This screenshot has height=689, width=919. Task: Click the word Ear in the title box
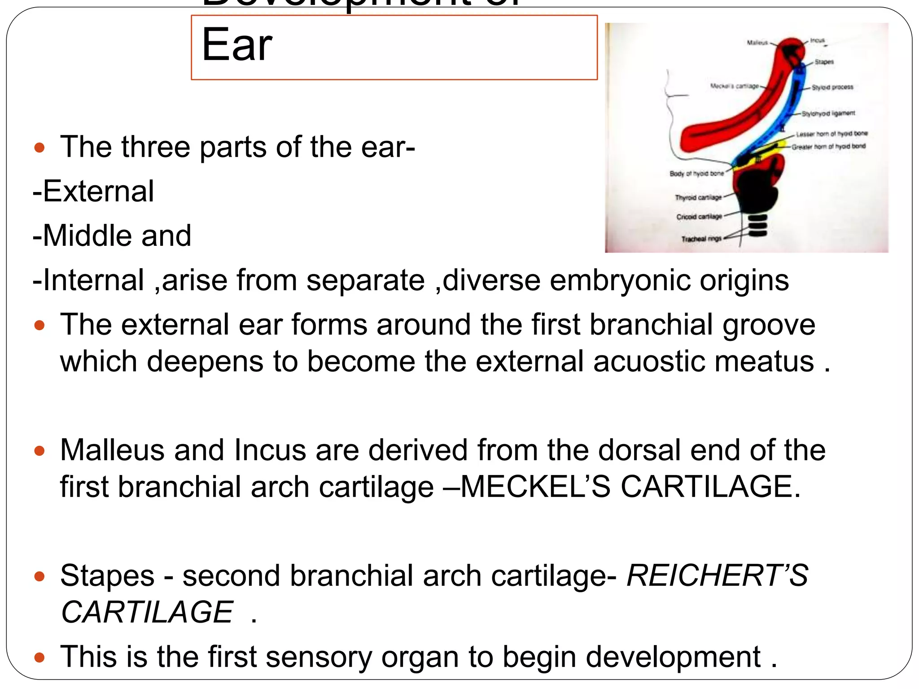click(236, 45)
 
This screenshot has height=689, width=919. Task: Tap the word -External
click(93, 192)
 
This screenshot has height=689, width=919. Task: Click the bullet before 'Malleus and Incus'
click(39, 451)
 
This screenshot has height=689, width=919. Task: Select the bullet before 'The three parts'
click(39, 148)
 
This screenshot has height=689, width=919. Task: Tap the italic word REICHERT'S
click(717, 576)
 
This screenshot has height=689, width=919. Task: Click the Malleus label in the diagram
click(757, 43)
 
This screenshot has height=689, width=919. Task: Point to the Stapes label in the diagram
click(824, 62)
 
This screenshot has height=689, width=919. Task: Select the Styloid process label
click(832, 87)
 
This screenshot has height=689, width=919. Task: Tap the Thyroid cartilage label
click(698, 197)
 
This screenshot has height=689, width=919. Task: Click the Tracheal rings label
click(701, 239)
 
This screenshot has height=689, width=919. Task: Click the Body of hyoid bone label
click(696, 174)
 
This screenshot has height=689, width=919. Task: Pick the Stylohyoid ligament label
click(828, 113)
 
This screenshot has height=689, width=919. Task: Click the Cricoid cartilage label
click(699, 217)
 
